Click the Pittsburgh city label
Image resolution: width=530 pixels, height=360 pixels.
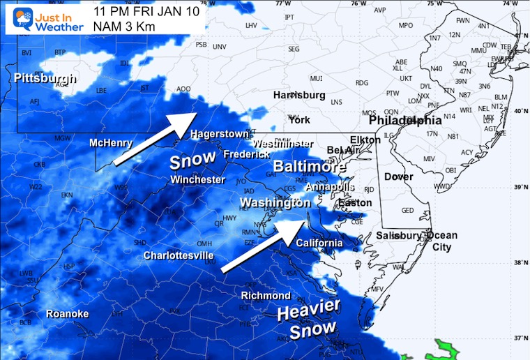pyautogui.click(x=45, y=79)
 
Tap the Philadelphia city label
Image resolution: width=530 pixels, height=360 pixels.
pyautogui.click(x=405, y=120)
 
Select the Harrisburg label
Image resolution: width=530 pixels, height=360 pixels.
pyautogui.click(x=299, y=95)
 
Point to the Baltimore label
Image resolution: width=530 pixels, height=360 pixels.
pyautogui.click(x=310, y=167)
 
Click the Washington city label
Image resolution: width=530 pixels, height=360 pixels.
pyautogui.click(x=275, y=203)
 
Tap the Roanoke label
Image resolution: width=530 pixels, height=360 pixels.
pyautogui.click(x=68, y=314)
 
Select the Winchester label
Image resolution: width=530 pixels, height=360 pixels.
pyautogui.click(x=197, y=180)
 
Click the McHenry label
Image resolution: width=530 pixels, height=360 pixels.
pyautogui.click(x=111, y=143)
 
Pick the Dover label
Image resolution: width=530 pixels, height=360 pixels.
pyautogui.click(x=398, y=177)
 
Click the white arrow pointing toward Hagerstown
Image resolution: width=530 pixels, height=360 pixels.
pyautogui.click(x=155, y=140)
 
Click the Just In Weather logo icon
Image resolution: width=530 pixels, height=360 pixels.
pyautogui.click(x=19, y=19)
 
